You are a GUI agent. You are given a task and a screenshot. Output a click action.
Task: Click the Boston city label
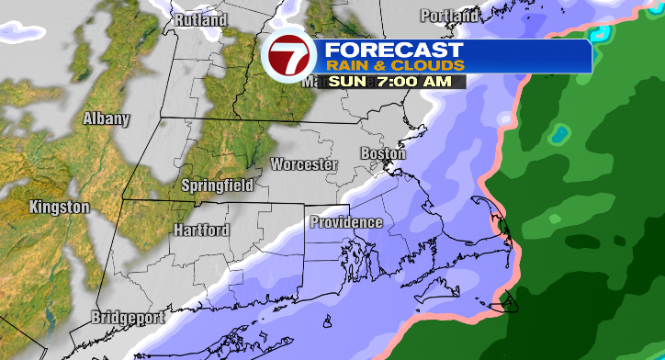point(383,153)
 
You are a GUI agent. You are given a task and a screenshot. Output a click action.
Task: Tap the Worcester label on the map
point(304,164)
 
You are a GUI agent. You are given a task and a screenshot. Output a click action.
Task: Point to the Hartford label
point(201,231)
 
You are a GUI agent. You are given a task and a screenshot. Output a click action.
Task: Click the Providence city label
point(345,222)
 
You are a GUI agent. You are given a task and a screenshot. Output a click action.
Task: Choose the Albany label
point(107,118)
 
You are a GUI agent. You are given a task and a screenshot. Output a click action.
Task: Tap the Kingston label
point(59,208)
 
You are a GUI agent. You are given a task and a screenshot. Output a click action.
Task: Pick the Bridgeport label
point(127,318)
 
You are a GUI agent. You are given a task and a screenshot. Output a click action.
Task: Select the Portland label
point(449,16)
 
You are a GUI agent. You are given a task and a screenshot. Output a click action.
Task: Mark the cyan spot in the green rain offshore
point(558,136)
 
